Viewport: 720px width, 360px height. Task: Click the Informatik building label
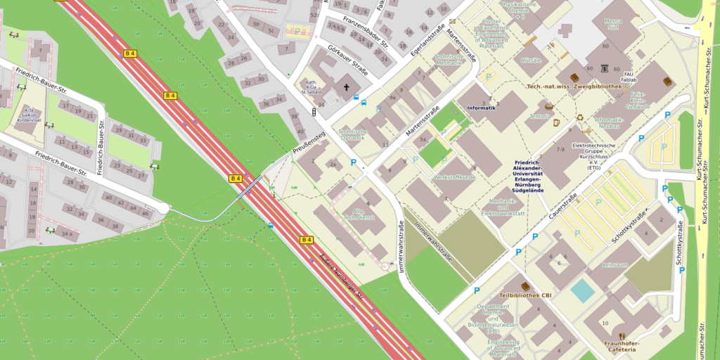[x=482, y=108]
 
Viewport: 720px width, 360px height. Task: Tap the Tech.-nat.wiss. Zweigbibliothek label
[x=574, y=86]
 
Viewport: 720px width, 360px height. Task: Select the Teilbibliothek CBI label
[x=525, y=295]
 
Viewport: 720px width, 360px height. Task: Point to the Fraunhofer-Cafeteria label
[x=619, y=346]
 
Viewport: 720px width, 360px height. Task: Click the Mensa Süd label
[x=612, y=25]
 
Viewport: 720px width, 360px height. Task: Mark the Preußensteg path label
[x=309, y=143]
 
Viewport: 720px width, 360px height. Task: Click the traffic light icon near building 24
[x=311, y=112]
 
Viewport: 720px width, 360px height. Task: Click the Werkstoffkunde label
[x=457, y=178]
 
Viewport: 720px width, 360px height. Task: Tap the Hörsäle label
[x=531, y=60]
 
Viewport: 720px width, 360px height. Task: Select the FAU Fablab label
[x=634, y=76]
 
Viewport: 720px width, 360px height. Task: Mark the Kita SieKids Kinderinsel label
[x=30, y=116]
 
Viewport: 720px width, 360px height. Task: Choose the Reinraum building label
[x=615, y=266]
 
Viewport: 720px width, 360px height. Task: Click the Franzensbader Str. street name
[x=365, y=31]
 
